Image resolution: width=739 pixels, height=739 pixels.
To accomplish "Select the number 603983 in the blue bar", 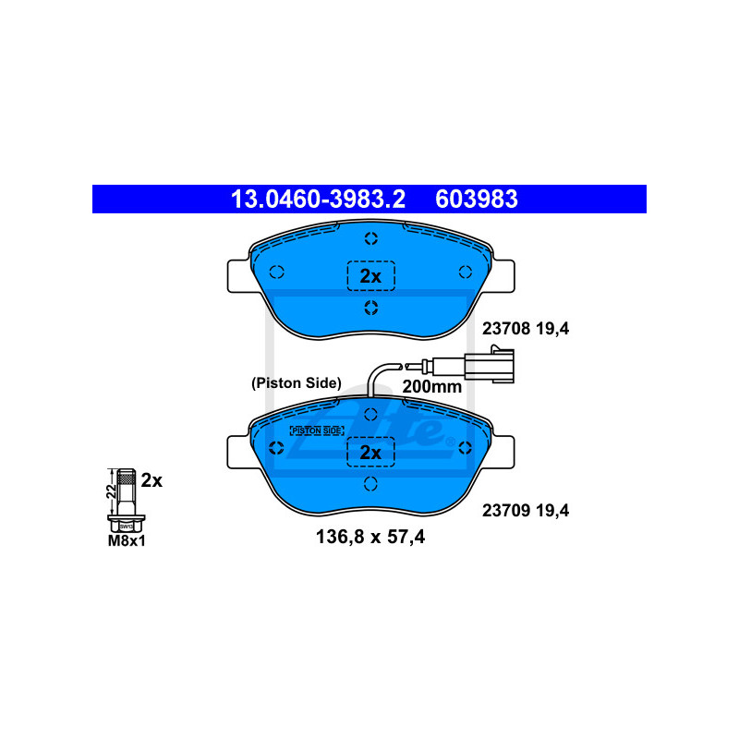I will [x=476, y=199].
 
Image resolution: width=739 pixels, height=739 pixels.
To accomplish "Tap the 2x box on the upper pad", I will [x=370, y=275].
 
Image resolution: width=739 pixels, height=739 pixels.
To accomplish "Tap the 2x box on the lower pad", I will [x=370, y=452].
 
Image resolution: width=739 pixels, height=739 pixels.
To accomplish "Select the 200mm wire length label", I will [x=431, y=387].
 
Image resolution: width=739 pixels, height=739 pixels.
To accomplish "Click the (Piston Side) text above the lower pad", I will [x=297, y=382].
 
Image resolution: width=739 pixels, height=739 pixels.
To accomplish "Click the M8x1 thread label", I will [x=127, y=541].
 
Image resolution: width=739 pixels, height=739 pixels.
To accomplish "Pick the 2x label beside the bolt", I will [x=152, y=480].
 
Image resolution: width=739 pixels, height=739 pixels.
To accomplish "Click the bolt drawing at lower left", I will [x=126, y=499].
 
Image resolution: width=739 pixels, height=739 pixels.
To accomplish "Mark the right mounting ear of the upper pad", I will [x=504, y=274].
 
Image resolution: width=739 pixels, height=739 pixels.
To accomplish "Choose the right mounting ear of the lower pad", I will [x=504, y=450].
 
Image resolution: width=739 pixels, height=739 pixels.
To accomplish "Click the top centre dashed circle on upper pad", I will [x=370, y=239].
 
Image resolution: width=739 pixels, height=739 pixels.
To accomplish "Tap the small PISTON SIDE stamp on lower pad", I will [x=316, y=430].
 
